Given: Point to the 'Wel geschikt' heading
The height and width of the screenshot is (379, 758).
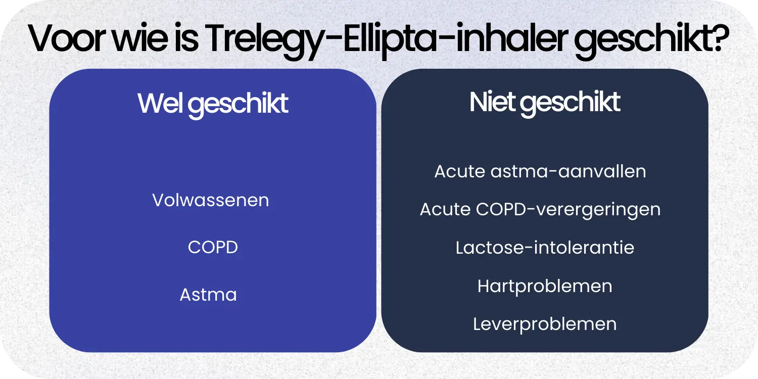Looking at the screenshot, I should pos(213,104).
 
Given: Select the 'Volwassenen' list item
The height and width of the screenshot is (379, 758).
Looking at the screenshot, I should pos(211,200).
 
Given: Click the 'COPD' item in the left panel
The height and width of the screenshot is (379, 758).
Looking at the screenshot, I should pos(213,248).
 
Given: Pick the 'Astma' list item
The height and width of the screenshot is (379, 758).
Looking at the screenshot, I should pos(208,295).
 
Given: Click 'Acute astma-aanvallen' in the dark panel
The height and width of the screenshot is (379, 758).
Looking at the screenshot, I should pos(540,171).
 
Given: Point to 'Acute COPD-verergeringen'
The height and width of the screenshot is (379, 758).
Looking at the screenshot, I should pos(540,209).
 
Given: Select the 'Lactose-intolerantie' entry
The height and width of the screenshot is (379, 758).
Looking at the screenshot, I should pos(545,248).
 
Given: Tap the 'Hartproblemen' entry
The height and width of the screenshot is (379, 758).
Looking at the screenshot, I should pos(545,286).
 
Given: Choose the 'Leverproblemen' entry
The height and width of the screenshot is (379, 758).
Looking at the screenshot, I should pos(545,324).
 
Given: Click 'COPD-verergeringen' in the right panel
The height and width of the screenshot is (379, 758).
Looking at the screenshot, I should pos(568,209).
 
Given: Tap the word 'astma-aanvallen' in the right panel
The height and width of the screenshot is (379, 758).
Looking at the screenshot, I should pos(568,171).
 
